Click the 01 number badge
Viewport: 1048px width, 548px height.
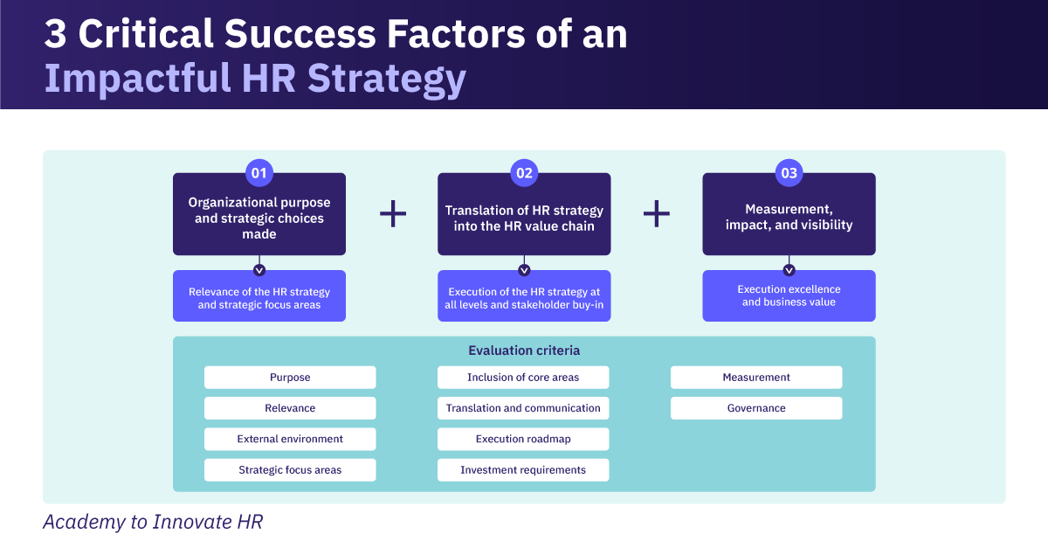tap(259, 173)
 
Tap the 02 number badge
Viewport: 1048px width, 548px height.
tap(524, 173)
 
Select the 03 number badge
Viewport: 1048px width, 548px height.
tap(789, 173)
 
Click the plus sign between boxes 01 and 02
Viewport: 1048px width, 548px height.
tap(393, 214)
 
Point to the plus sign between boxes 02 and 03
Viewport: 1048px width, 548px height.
tap(657, 214)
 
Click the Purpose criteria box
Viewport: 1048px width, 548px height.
tap(290, 378)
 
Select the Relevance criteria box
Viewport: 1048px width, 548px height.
tap(290, 408)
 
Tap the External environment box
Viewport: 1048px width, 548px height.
tap(290, 439)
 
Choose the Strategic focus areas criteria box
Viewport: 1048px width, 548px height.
tap(290, 470)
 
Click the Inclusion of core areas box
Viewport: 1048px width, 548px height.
tap(523, 378)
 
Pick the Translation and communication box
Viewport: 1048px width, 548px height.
tap(523, 408)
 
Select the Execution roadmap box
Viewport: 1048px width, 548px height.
tap(523, 439)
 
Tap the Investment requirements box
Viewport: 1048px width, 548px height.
tap(523, 470)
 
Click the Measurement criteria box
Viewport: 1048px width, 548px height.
tap(756, 378)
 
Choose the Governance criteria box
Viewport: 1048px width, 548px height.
tap(756, 408)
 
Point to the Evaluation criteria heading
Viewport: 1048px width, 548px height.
tap(524, 350)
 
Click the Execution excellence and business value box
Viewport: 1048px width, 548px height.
tap(789, 295)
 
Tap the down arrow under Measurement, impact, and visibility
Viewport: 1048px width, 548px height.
tap(789, 270)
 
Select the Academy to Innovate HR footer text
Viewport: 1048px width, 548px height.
tap(153, 522)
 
